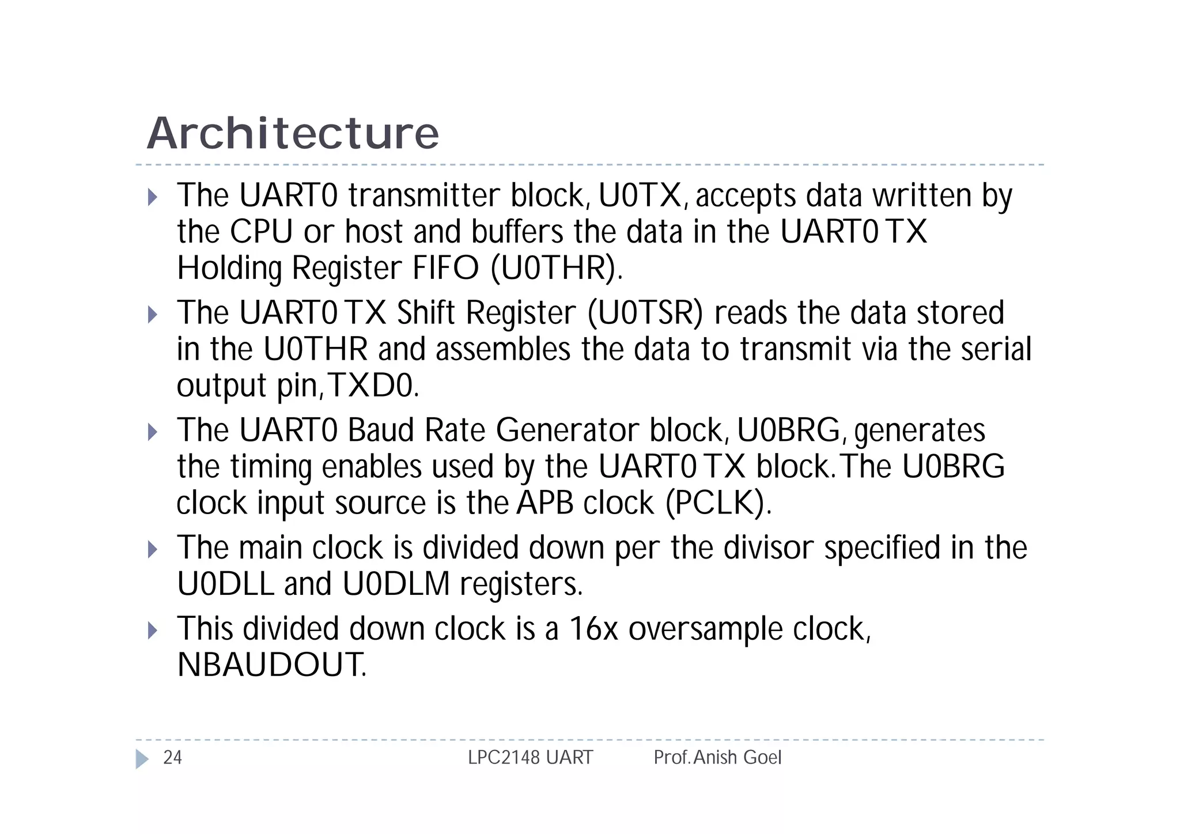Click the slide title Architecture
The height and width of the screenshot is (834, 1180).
(293, 134)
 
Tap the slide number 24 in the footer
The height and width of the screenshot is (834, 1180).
(172, 757)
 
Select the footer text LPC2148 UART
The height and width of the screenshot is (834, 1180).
(530, 757)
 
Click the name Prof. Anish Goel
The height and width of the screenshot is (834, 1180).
(717, 757)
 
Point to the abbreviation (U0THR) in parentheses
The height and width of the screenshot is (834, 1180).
(556, 269)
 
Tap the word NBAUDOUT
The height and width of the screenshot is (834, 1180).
(271, 665)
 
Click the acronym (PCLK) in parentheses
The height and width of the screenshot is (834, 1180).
(717, 503)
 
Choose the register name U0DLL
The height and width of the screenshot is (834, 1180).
(225, 584)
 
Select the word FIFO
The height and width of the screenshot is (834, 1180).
(445, 269)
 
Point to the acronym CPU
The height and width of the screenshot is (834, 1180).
(261, 232)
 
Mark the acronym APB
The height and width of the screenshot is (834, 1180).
(545, 503)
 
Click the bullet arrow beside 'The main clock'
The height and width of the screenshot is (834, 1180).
(153, 549)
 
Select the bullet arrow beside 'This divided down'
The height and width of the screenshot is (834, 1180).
(153, 630)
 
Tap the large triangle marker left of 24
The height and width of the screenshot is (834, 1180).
(142, 758)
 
